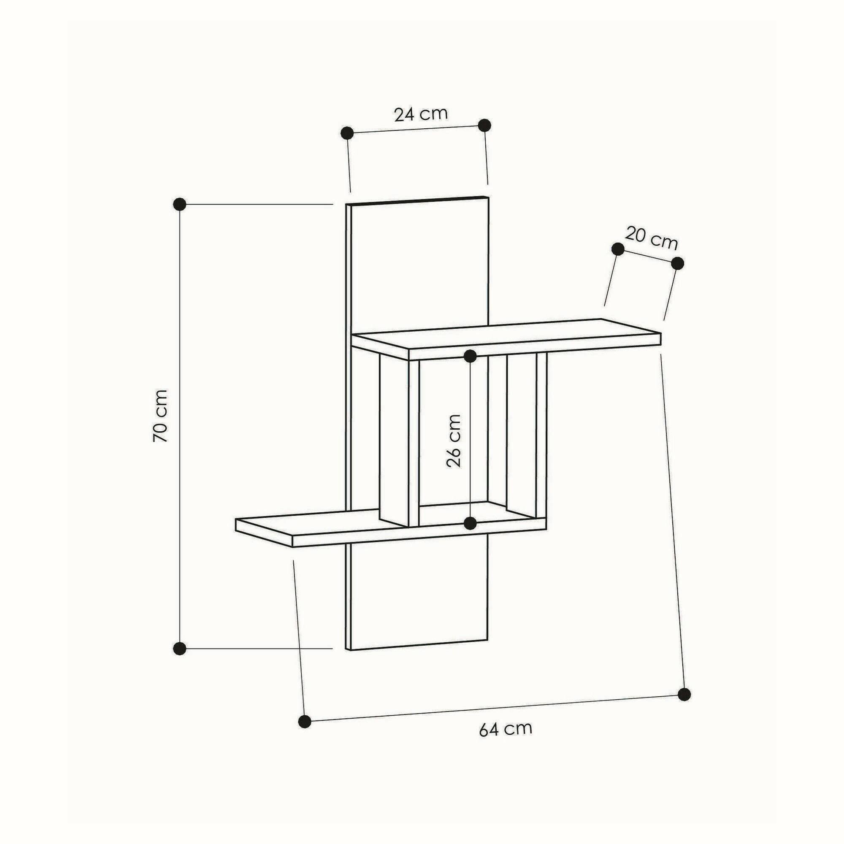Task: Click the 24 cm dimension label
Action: tap(421, 114)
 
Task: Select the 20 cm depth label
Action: tap(651, 238)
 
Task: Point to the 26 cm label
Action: tap(454, 441)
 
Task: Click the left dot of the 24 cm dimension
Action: tap(347, 133)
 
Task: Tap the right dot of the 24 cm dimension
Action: tap(484, 125)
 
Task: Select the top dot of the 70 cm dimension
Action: tap(179, 204)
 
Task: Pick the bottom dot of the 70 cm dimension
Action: tap(179, 649)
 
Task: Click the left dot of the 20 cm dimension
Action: tap(618, 249)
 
